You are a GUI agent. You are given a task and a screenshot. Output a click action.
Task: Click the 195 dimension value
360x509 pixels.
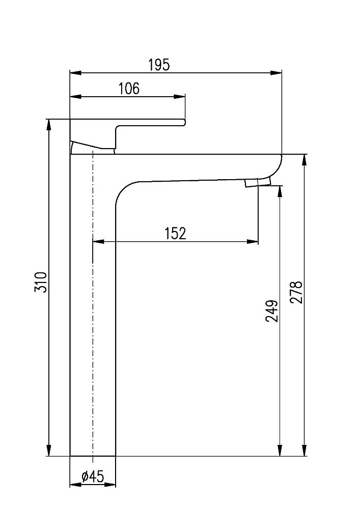click(159, 65)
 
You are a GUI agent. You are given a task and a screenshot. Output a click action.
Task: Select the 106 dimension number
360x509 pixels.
click(128, 89)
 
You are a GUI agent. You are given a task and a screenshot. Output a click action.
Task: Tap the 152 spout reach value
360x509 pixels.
click(176, 234)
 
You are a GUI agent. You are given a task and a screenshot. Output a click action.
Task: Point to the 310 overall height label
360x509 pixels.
click(41, 282)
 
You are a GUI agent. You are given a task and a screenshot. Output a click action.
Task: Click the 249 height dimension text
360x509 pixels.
click(272, 311)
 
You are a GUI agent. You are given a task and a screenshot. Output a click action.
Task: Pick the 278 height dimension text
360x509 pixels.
click(296, 292)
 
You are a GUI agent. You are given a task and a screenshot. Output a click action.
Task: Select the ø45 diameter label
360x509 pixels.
click(93, 476)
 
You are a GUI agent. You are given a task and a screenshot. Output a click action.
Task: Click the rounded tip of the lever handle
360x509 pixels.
click(184, 122)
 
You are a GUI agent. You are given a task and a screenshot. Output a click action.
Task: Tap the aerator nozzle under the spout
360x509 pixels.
click(258, 182)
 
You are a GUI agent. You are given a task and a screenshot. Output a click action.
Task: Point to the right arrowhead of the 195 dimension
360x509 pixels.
click(276, 73)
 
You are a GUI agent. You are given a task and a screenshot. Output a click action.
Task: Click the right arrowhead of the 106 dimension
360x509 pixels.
click(180, 96)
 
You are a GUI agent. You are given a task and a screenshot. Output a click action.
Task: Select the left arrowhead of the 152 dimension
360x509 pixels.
click(98, 241)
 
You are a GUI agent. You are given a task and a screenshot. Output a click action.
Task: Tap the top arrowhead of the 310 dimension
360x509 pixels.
click(49, 125)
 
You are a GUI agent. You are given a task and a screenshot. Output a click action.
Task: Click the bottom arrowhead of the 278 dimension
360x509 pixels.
click(304, 450)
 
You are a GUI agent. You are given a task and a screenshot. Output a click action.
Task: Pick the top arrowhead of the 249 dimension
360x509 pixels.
click(280, 191)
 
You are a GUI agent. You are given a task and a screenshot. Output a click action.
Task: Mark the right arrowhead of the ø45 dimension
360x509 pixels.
click(110, 485)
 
